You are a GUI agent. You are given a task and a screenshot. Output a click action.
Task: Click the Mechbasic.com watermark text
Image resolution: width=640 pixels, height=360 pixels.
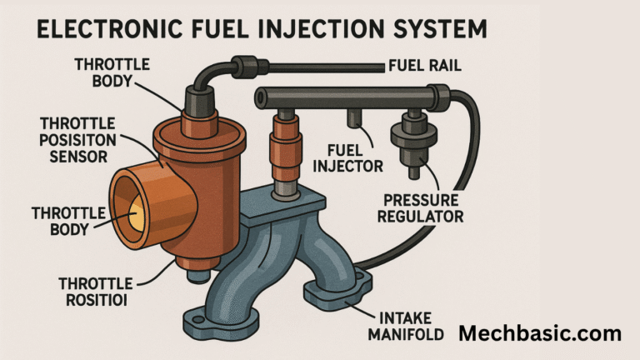tap(540, 333)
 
